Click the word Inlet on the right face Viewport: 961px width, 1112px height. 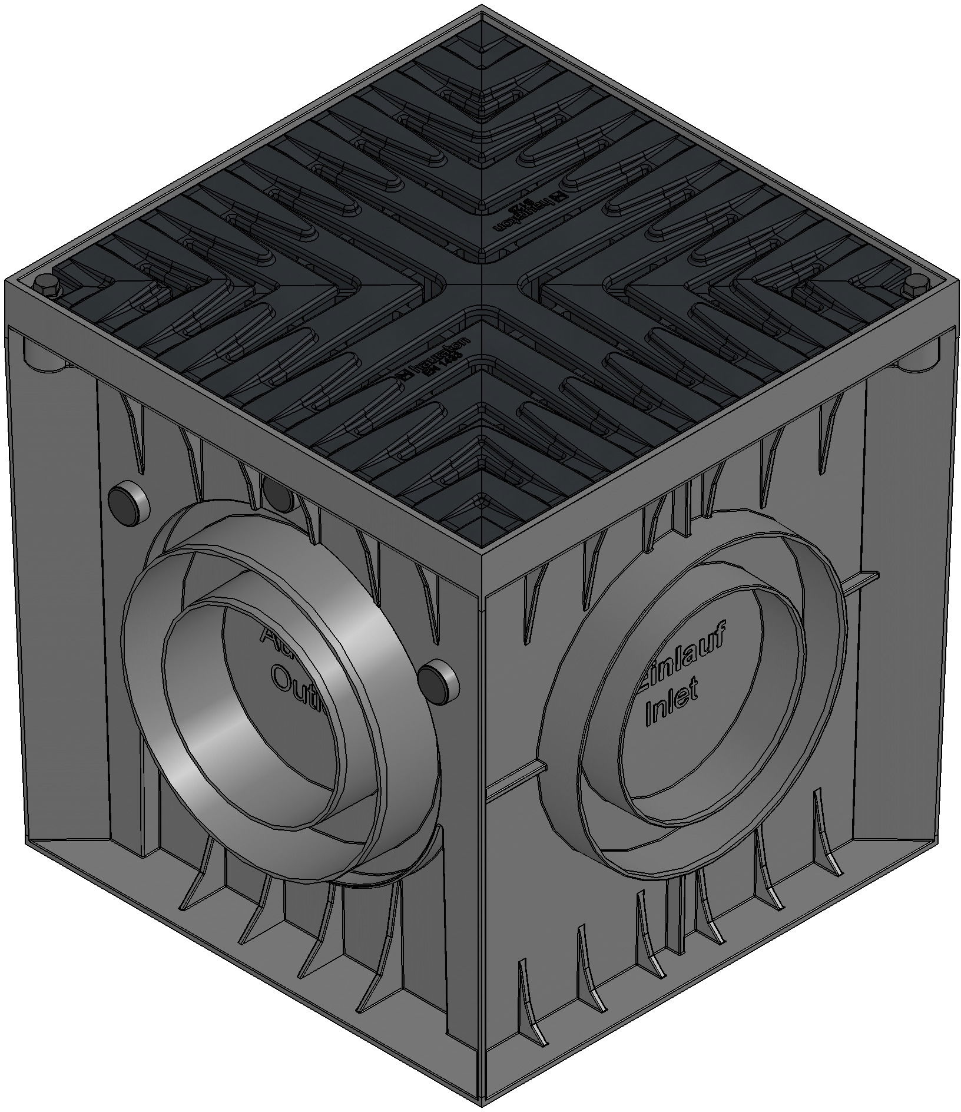click(672, 703)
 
